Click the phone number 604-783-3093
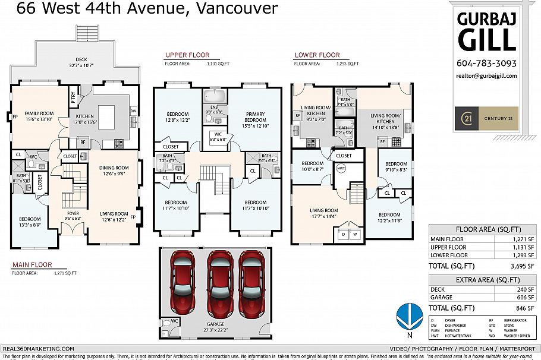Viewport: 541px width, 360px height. tap(486, 64)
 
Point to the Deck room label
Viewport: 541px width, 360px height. tap(81, 59)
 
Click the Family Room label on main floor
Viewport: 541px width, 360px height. tap(39, 113)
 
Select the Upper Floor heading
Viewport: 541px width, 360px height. tap(187, 55)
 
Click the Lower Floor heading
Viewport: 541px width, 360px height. tap(317, 55)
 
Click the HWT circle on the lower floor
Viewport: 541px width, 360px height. tap(341, 168)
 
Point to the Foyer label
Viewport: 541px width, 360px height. tap(73, 213)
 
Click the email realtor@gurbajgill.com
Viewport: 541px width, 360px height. tap(486, 75)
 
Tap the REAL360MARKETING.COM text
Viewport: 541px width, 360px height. tap(38, 349)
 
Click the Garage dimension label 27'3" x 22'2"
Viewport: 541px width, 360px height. tap(216, 327)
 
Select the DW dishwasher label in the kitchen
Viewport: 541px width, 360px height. tap(133, 110)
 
